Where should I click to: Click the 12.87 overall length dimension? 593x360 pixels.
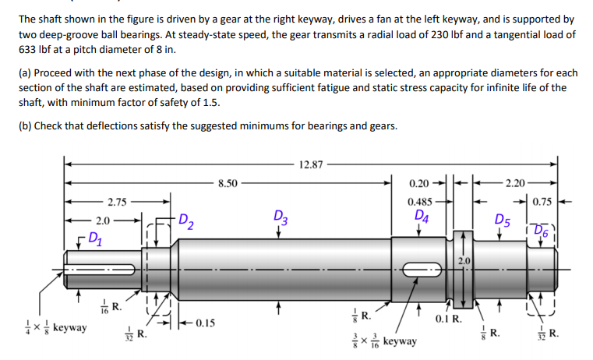(311, 164)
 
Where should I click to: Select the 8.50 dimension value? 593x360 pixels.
(228, 185)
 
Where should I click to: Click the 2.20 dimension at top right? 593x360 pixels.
(515, 185)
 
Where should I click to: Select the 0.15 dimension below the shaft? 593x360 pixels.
(206, 322)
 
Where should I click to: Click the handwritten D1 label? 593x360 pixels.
(94, 236)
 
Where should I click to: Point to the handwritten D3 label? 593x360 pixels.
(281, 217)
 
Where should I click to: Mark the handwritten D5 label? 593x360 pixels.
(503, 221)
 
